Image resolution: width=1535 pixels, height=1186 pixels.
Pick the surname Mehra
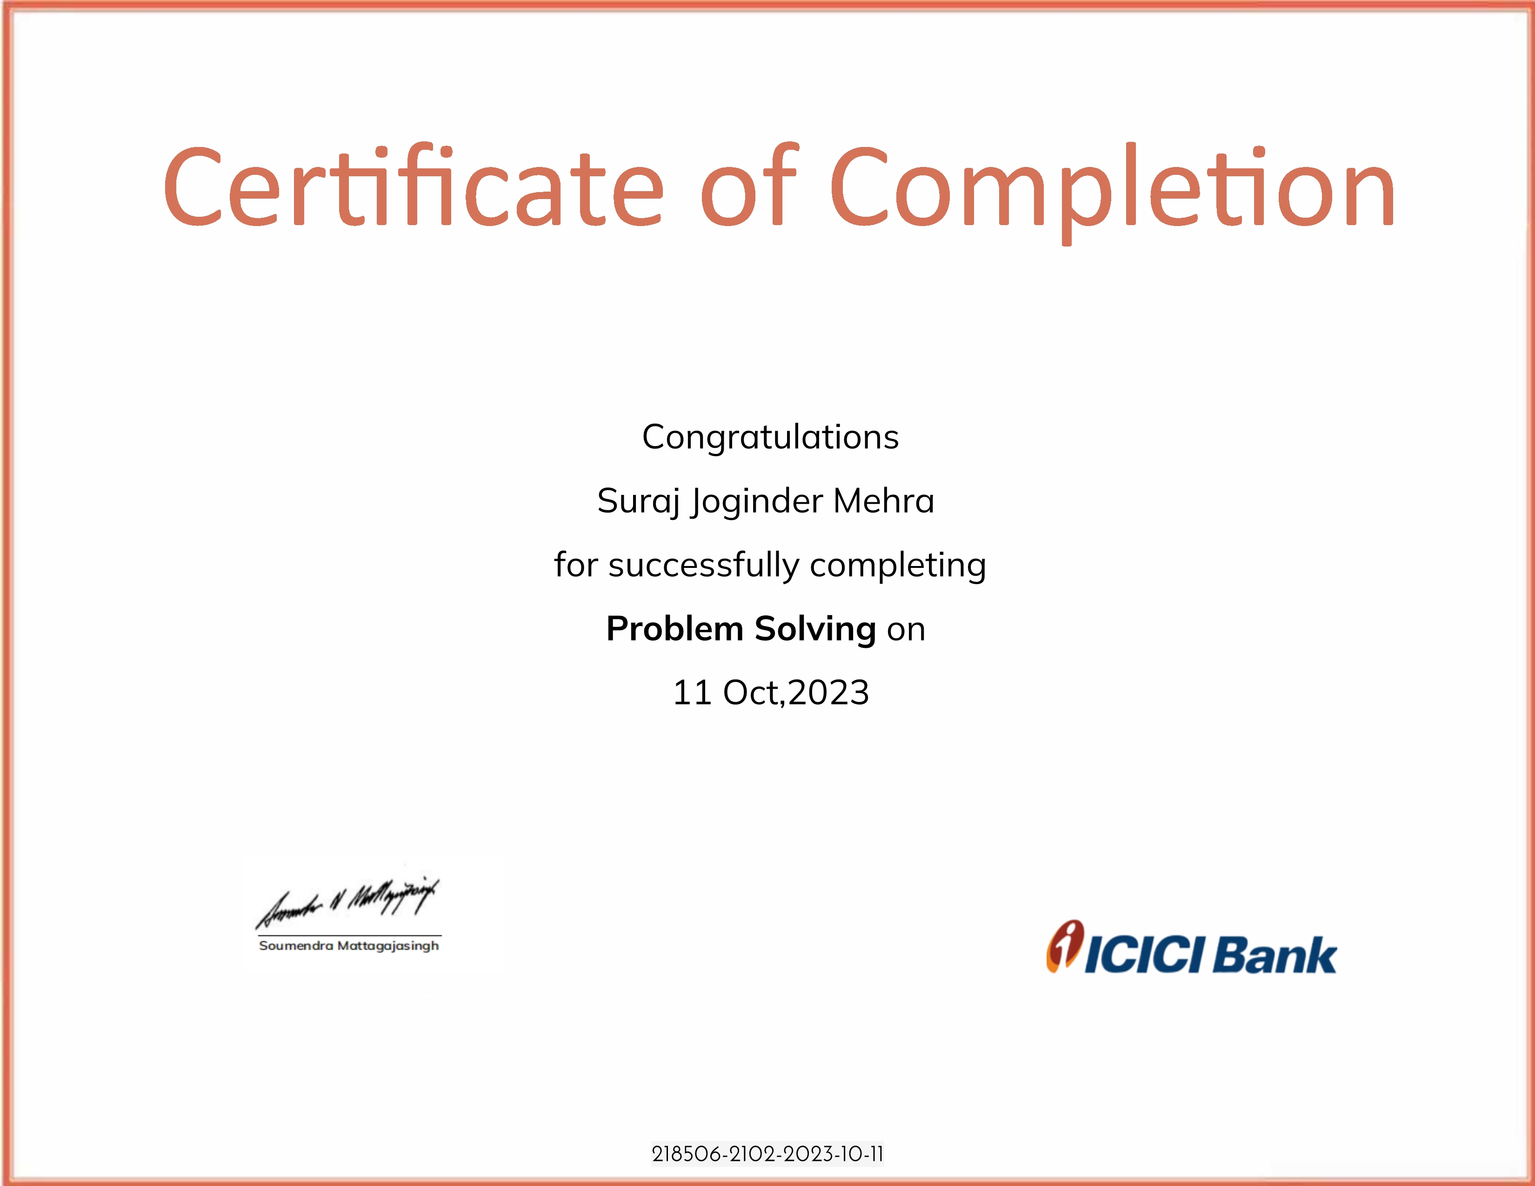(884, 501)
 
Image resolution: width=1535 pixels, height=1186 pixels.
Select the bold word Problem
(675, 628)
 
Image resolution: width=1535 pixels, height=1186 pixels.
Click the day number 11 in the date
(692, 693)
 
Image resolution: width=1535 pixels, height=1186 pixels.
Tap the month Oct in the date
(752, 693)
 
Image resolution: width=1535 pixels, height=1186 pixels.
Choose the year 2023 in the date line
(828, 693)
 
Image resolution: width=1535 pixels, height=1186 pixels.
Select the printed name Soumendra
(296, 946)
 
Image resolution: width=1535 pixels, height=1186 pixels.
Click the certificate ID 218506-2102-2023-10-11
(767, 1154)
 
